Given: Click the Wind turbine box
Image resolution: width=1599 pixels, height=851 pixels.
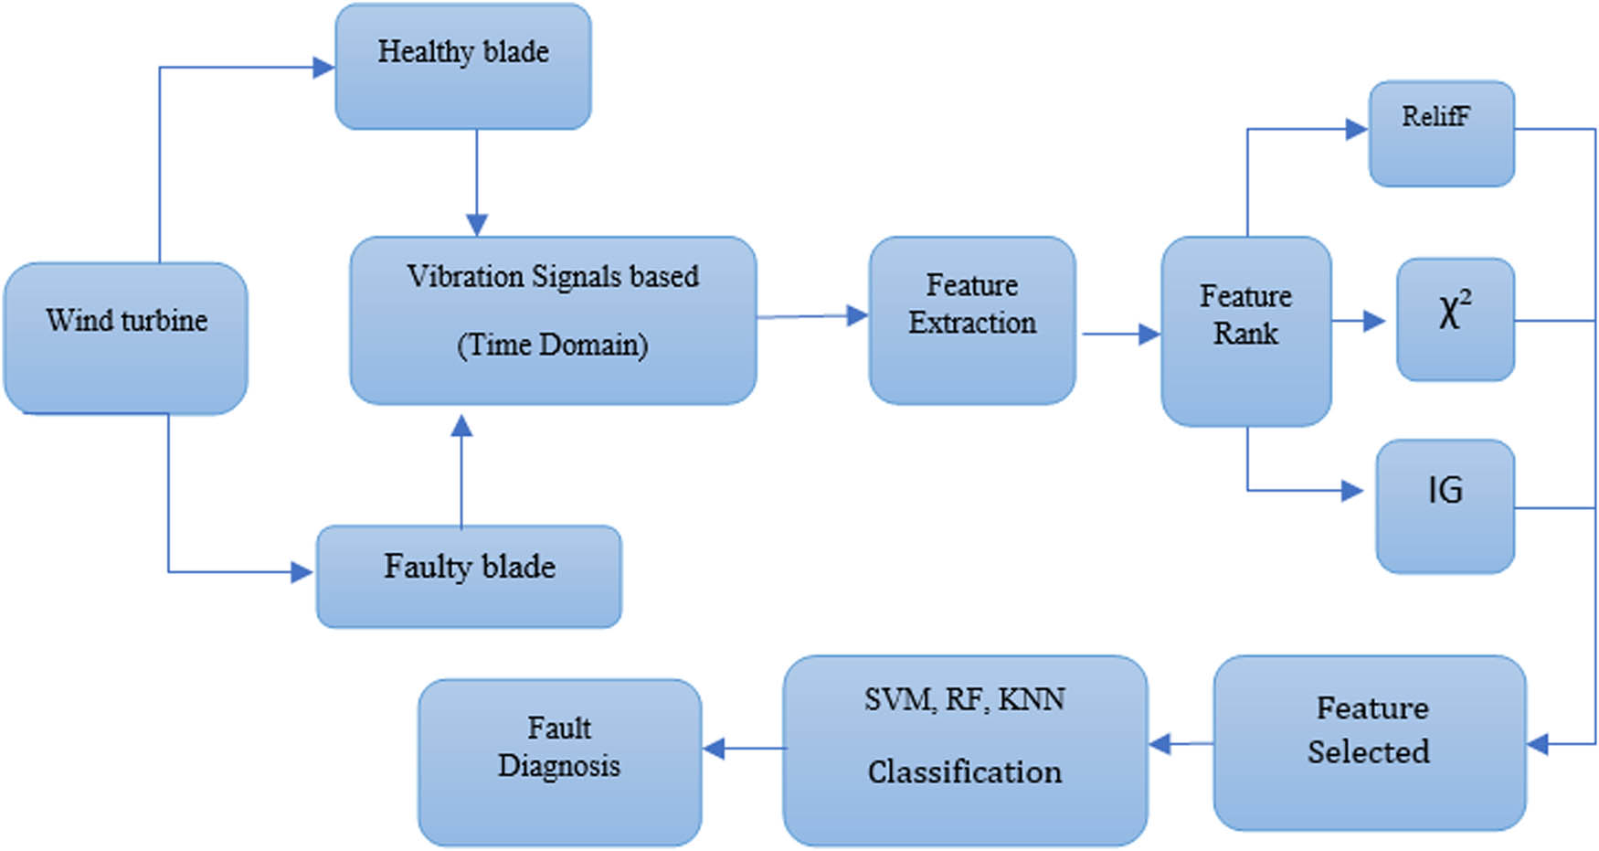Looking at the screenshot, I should [126, 338].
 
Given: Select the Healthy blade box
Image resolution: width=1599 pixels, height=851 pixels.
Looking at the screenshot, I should [463, 67].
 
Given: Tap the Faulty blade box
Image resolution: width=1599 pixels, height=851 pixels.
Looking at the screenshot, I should [469, 576].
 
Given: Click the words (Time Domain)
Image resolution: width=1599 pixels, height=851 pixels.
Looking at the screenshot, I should [552, 346].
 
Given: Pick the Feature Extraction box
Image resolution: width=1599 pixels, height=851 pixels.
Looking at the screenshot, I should [972, 320].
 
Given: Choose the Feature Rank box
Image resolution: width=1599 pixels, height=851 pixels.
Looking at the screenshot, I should [1245, 331].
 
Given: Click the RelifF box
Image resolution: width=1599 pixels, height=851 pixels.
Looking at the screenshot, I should [1441, 133].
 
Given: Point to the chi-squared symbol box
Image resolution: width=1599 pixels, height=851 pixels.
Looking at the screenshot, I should [1455, 319].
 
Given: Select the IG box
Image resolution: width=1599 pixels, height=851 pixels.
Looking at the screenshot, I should [1445, 505].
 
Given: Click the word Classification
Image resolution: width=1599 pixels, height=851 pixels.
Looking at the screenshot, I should [965, 772].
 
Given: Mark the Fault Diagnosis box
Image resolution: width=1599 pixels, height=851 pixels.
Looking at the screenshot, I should [559, 761].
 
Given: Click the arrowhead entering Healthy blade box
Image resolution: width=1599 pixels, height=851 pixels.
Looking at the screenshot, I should [323, 67].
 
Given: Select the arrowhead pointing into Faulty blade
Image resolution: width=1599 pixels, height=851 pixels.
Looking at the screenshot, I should [302, 572].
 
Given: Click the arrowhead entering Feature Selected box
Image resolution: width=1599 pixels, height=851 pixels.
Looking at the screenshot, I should [1538, 744].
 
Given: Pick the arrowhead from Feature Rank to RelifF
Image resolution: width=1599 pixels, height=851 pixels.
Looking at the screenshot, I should [1356, 130].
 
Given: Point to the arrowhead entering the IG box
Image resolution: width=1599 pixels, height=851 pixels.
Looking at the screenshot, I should [1352, 491].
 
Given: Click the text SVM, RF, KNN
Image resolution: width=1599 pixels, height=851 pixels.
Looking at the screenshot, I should [965, 700].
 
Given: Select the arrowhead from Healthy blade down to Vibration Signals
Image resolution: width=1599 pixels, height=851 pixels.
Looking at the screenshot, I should [476, 225].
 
